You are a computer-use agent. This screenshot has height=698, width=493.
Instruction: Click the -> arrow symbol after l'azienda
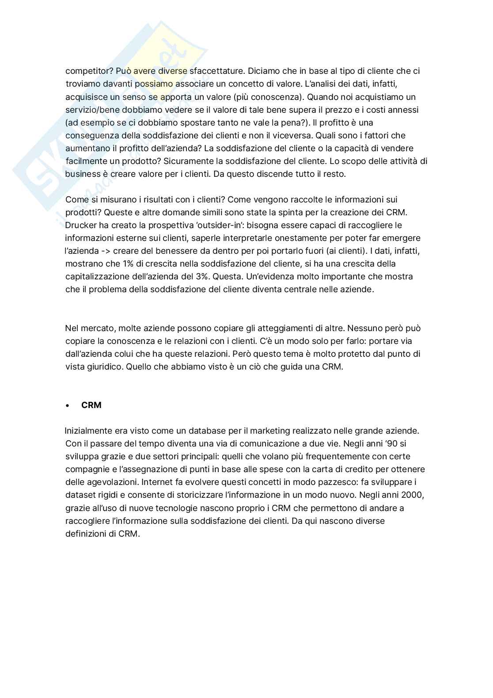click(x=105, y=251)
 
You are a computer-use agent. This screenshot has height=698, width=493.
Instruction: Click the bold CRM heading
click(x=91, y=405)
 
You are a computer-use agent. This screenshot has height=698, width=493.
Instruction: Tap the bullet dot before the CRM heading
click(x=68, y=405)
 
